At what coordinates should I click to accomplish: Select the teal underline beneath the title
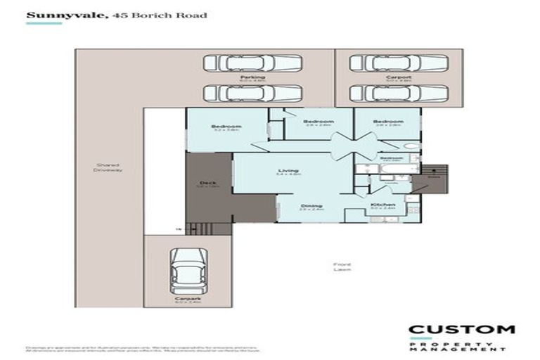(x=44, y=23)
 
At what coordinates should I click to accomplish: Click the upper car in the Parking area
(x=252, y=63)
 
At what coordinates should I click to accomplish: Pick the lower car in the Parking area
(x=252, y=93)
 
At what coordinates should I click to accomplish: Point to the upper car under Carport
(x=399, y=63)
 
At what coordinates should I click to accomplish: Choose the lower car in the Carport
(x=399, y=93)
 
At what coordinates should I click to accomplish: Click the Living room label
(x=288, y=171)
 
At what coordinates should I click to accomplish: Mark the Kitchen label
(x=383, y=205)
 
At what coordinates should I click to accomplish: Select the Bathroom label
(x=392, y=158)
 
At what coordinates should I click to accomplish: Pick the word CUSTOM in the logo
(x=461, y=330)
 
